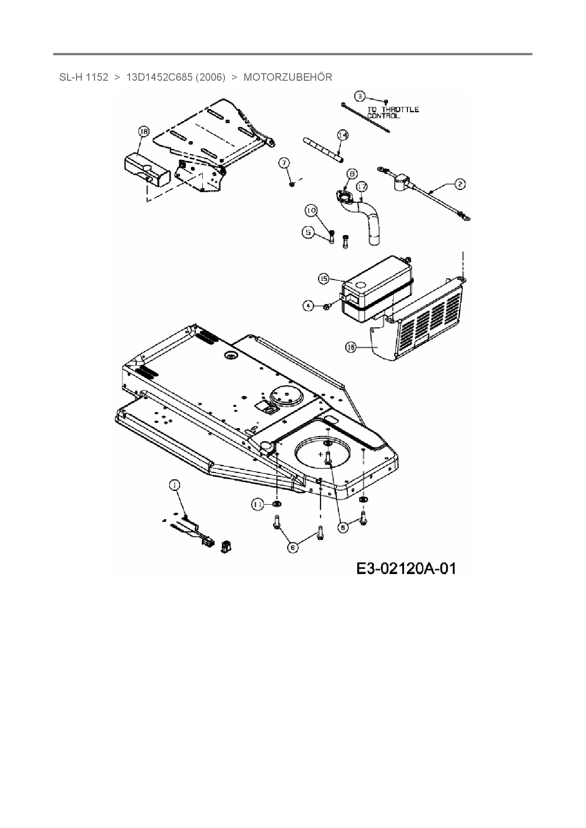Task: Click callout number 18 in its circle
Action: coord(143,132)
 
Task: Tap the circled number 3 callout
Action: coord(360,96)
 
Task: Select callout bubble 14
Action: coord(343,135)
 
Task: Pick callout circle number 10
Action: coord(311,211)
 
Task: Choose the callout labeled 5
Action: coord(309,232)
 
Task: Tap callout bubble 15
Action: coord(324,279)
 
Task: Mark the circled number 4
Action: coord(308,306)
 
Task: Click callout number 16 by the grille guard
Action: coord(351,347)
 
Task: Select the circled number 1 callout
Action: coord(174,485)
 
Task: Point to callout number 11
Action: coord(257,505)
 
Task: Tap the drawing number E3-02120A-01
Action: coord(406,568)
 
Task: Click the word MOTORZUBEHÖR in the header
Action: coord(287,77)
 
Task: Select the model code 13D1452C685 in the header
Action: coord(159,77)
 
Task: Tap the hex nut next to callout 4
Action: coord(326,307)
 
